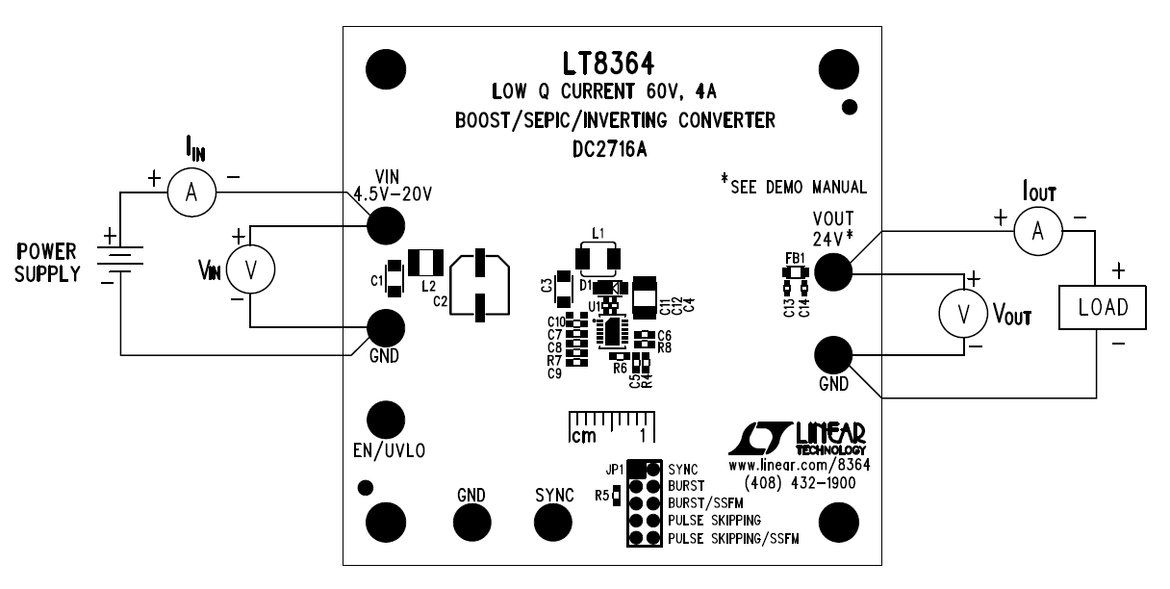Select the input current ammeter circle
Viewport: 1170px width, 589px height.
(x=191, y=193)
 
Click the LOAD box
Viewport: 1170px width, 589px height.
(x=1104, y=309)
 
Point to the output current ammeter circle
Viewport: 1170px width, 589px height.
(x=1036, y=228)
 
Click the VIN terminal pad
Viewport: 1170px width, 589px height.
(x=386, y=225)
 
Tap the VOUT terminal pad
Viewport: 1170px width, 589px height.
(x=833, y=273)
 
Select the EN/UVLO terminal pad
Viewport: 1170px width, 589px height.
(x=386, y=419)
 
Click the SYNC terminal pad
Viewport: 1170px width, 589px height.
(x=553, y=522)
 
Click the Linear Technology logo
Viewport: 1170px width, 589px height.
(x=798, y=438)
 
